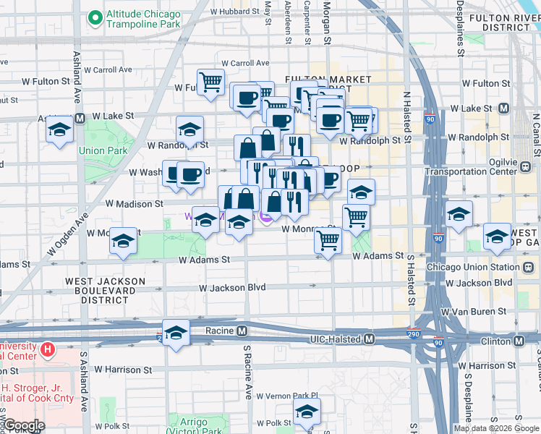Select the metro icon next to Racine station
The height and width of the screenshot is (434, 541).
(x=242, y=331)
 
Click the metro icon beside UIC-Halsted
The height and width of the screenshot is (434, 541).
(x=370, y=339)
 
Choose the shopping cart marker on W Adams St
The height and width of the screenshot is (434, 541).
(x=328, y=240)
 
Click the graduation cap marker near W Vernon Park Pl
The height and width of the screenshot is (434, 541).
(x=307, y=412)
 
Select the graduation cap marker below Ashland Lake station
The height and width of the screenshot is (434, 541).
(x=60, y=131)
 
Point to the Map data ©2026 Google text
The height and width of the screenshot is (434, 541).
(x=496, y=428)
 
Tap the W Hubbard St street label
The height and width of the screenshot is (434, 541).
(x=234, y=12)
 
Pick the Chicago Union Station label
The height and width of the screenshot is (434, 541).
(x=474, y=267)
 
